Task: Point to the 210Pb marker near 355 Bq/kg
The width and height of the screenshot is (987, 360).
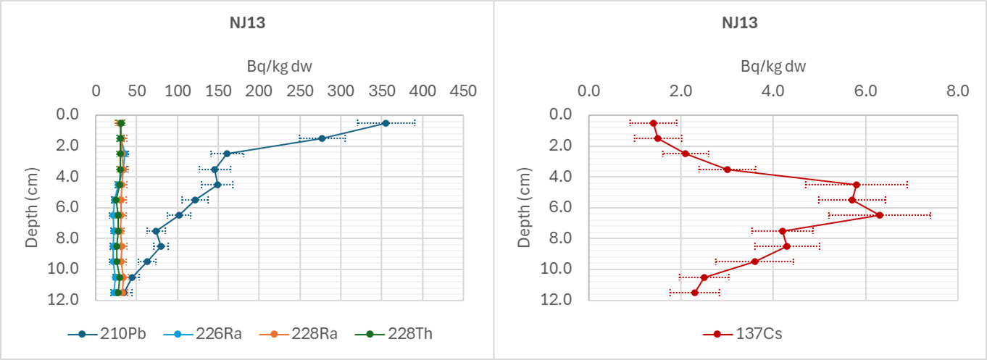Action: coord(386,123)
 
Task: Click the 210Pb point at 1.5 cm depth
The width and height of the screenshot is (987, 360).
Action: coord(322,138)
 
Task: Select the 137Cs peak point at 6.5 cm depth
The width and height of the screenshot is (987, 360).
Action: coord(880,215)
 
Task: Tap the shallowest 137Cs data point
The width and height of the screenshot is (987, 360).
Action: coord(654,123)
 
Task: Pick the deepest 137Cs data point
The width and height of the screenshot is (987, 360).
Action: coord(695,293)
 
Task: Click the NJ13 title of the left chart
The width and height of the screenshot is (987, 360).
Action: coord(247,22)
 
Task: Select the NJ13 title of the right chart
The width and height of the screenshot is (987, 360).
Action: coord(740,22)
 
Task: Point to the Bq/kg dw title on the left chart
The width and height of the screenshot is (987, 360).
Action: coord(279,67)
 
